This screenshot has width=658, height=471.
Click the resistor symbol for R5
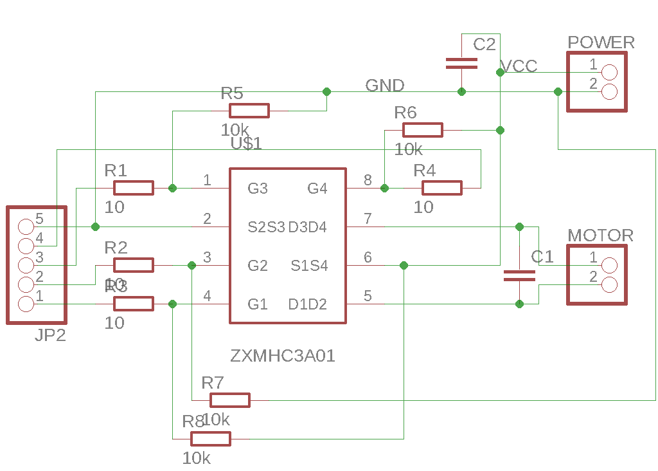(x=249, y=111)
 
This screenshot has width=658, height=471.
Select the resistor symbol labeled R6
(x=423, y=130)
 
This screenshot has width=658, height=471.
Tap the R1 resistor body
(x=134, y=188)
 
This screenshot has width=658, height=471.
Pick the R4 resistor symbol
(x=442, y=188)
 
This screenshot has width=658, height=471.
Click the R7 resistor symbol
(x=230, y=400)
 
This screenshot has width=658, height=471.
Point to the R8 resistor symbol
(x=211, y=439)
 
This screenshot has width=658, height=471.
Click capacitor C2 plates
(x=461, y=63)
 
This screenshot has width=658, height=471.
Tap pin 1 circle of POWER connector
(x=609, y=73)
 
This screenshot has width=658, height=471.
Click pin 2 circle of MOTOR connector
(x=609, y=284)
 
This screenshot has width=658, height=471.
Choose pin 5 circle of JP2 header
(x=26, y=226)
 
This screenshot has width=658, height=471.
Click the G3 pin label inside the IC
(x=258, y=189)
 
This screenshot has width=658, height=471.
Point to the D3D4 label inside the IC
(x=307, y=227)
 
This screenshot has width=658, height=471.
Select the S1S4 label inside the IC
(x=309, y=266)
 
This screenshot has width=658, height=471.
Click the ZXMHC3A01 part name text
(x=283, y=356)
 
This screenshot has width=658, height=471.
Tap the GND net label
(x=385, y=86)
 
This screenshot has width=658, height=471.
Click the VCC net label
(x=519, y=67)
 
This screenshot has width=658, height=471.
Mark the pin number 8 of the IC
(x=368, y=180)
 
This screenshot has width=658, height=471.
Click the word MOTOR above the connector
(x=601, y=235)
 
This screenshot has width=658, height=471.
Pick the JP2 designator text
(x=50, y=335)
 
